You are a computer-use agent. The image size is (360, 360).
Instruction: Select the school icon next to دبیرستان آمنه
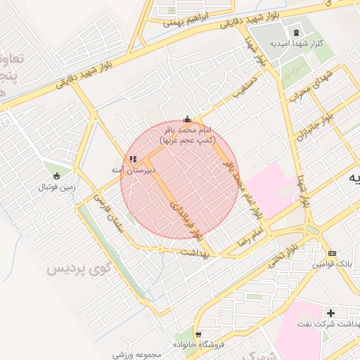pyautogui.click(x=134, y=159)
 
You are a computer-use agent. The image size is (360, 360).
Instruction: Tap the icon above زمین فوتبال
pyautogui.click(x=57, y=176)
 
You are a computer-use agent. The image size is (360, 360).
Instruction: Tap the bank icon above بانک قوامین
pyautogui.click(x=332, y=253)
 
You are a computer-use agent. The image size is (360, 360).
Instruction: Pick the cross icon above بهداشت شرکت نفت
pyautogui.click(x=330, y=312)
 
